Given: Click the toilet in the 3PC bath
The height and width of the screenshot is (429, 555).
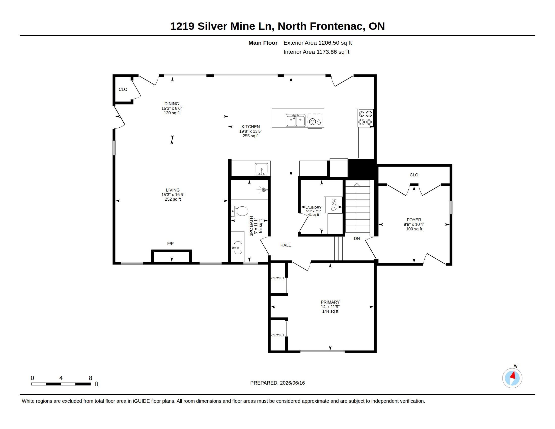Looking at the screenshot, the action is click(239, 211).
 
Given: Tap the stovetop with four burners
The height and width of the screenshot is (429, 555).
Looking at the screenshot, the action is click(365, 118).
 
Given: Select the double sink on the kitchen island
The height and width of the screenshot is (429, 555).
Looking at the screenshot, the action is click(296, 120).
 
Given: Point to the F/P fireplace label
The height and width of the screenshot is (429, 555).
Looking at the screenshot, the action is click(170, 244).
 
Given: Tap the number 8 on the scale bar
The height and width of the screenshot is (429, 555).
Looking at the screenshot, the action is click(91, 378).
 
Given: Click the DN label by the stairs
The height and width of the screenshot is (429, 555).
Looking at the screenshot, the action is click(357, 238).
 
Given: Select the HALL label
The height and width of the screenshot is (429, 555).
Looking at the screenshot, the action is click(285, 245).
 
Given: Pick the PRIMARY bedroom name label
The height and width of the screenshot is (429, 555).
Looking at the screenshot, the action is click(330, 302).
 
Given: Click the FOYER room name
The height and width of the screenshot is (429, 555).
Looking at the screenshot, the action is click(414, 220).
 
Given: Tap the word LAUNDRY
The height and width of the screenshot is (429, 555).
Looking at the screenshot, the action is click(313, 207).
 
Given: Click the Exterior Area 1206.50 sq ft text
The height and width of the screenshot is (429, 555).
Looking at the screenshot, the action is click(318, 43).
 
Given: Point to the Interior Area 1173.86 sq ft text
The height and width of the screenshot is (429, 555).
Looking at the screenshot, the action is click(316, 52).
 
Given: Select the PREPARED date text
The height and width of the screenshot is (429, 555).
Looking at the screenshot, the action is click(277, 383).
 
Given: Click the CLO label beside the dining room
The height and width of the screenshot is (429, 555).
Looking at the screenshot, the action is click(123, 90).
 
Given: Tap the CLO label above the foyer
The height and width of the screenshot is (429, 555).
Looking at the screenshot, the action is click(414, 175).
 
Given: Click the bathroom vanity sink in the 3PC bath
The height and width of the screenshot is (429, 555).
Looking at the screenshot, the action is click(238, 247).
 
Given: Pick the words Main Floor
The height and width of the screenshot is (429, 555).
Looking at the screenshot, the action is click(263, 43).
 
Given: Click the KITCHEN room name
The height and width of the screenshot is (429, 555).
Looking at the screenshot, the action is click(251, 127).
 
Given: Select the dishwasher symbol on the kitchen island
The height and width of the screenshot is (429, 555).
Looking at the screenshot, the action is click(315, 121).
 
